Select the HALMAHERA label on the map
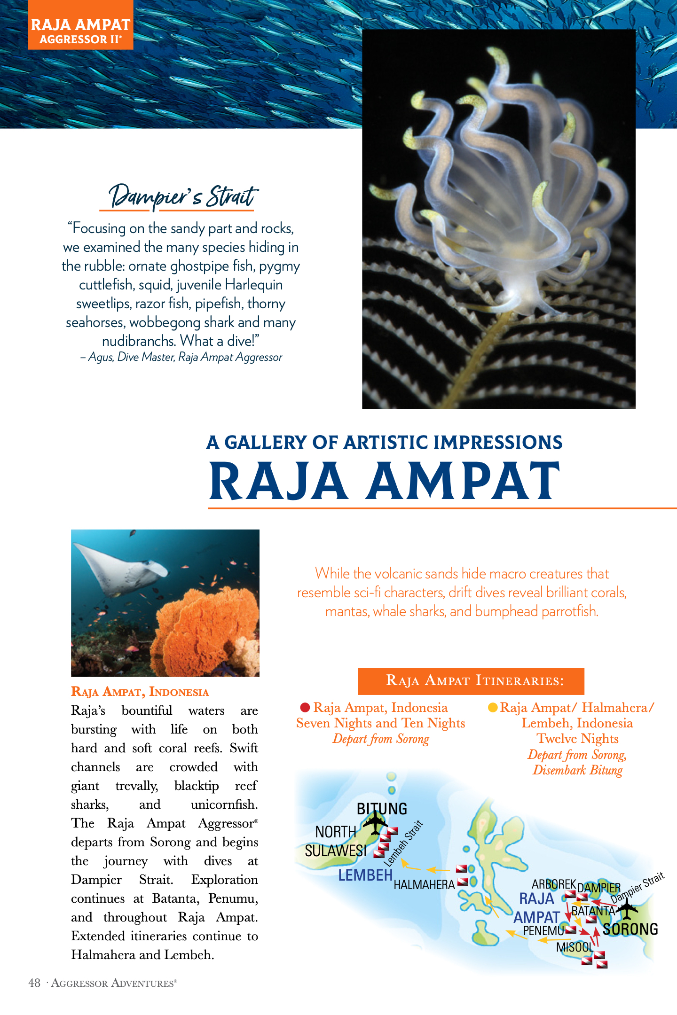424,885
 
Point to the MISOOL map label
575,947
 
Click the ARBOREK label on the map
553,884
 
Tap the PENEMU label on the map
543,930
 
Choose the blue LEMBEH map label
365,875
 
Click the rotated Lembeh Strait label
404,843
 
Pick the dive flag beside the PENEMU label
571,929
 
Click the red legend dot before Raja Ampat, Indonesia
305,707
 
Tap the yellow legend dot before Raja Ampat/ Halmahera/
493,707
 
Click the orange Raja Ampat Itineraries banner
471,681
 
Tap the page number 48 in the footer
34,983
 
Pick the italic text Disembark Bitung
577,770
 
